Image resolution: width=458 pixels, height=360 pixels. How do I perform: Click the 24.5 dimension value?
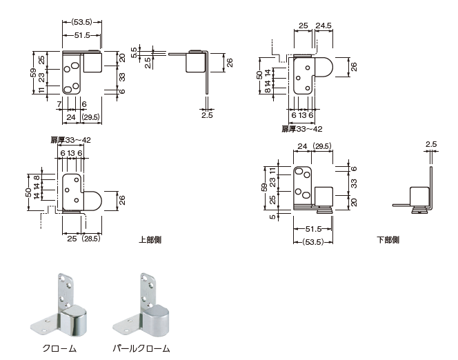pyautogui.click(x=324, y=26)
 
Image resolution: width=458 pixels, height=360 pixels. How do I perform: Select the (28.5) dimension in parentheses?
pyautogui.click(x=92, y=239)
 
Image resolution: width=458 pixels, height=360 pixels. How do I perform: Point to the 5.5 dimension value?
pyautogui.click(x=137, y=49)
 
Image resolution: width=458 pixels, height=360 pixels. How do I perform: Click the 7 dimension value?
pyautogui.click(x=60, y=103)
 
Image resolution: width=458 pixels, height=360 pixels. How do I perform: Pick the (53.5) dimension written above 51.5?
pyautogui.click(x=82, y=21)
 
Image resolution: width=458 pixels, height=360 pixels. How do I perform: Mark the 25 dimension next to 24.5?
pyautogui.click(x=303, y=26)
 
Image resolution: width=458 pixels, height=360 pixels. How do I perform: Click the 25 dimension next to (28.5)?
pyautogui.click(x=71, y=239)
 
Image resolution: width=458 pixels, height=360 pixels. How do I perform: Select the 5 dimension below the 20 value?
pyautogui.click(x=274, y=217)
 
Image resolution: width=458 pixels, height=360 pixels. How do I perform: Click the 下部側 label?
pyautogui.click(x=388, y=239)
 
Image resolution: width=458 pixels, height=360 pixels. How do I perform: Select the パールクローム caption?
pyautogui.click(x=141, y=348)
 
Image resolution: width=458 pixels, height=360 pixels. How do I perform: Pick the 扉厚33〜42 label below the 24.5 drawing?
pyautogui.click(x=302, y=128)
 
